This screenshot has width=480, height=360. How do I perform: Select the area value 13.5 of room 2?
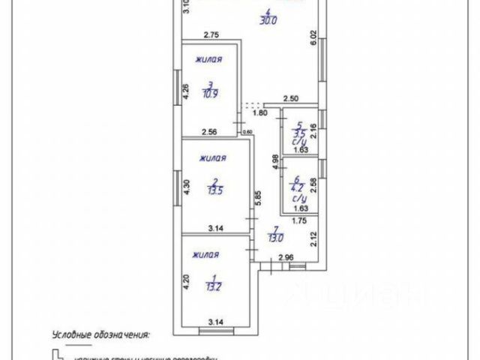coord(215,189)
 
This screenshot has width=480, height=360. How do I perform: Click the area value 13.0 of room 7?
coord(276,239)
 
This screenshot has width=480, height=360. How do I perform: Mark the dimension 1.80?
coord(259,112)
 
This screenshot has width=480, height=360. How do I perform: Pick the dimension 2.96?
coord(285,259)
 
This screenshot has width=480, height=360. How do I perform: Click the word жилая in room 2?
coord(214,158)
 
